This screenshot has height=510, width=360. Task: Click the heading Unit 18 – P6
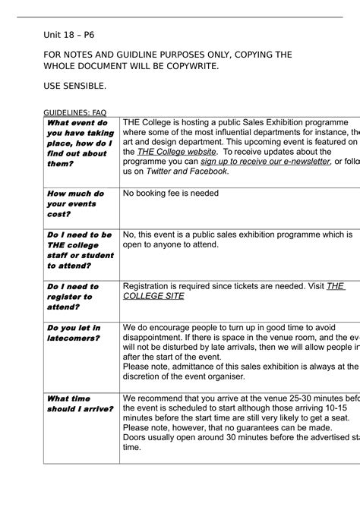click(69, 35)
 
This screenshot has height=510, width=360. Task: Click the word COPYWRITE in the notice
click(190, 66)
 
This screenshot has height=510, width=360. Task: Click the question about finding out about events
click(79, 143)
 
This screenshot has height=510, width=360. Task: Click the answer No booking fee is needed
click(171, 194)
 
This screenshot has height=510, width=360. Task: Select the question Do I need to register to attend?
click(73, 297)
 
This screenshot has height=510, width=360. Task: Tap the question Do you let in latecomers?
click(74, 332)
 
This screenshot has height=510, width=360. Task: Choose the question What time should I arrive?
click(80, 404)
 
